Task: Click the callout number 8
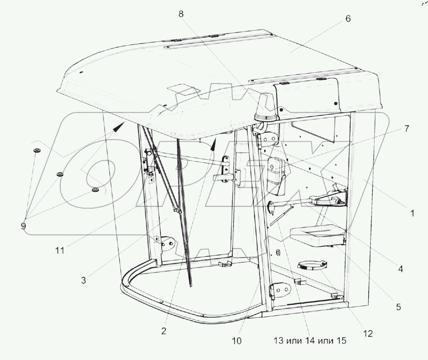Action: pos(181,14)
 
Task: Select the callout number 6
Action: pos(348,19)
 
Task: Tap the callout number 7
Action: pos(407,128)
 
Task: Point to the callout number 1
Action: pos(412,213)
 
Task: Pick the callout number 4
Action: pos(400,269)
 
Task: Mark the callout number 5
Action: pos(398,307)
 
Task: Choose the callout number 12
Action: pos(368,333)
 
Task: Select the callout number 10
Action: pos(237,341)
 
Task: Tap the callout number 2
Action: pos(163,331)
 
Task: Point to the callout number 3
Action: pos(83,280)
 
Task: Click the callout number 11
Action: pos(60,250)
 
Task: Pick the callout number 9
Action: pos(23,226)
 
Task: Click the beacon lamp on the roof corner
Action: pos(265,108)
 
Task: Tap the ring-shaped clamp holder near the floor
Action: pos(312,265)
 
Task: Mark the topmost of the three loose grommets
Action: pos(36,151)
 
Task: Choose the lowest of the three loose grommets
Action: pos(95,190)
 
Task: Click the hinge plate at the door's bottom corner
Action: pos(280,291)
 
